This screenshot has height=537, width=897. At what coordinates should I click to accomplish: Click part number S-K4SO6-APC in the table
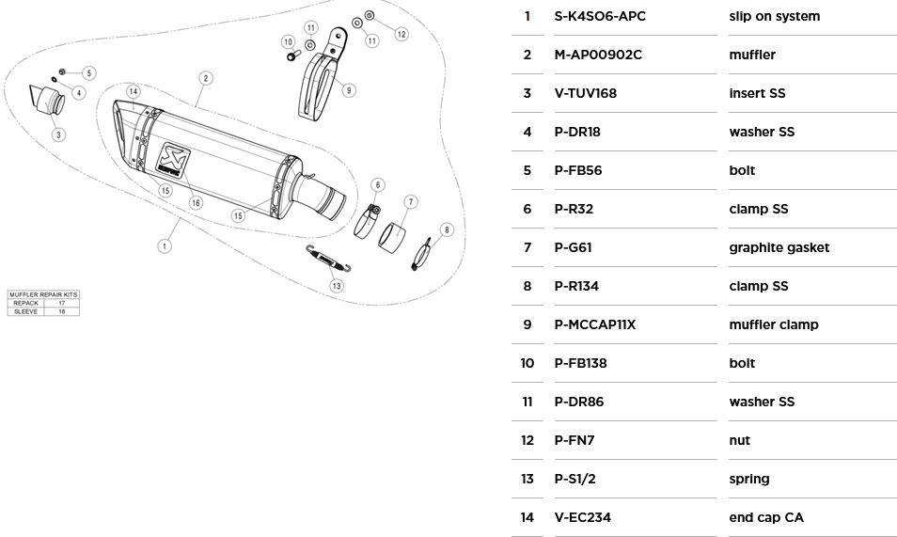(600, 16)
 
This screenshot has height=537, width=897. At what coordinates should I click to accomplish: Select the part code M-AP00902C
(598, 55)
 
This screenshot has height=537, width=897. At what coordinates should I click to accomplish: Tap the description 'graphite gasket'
(779, 247)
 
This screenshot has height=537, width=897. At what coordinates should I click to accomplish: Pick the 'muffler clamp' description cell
(773, 324)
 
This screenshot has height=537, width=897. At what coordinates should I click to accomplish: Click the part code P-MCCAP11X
(595, 324)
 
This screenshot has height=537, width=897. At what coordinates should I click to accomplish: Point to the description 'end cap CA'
(765, 517)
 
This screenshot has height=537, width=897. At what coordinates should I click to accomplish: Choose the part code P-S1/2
(575, 479)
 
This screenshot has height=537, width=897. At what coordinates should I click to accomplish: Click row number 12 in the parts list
(527, 440)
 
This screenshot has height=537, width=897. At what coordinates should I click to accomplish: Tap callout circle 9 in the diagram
(349, 90)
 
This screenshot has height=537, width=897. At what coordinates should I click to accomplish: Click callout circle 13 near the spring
(336, 285)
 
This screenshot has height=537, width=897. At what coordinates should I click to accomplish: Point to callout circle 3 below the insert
(58, 134)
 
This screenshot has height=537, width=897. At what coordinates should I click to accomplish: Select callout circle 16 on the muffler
(196, 202)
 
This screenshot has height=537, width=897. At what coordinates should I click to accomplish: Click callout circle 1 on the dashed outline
(165, 246)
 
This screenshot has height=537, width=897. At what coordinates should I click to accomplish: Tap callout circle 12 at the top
(401, 34)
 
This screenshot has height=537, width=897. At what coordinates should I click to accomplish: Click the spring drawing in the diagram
(329, 257)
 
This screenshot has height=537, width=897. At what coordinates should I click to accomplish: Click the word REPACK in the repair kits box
(25, 303)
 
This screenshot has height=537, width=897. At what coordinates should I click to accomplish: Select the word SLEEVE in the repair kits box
(25, 311)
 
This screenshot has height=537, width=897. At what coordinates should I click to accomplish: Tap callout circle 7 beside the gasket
(411, 201)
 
